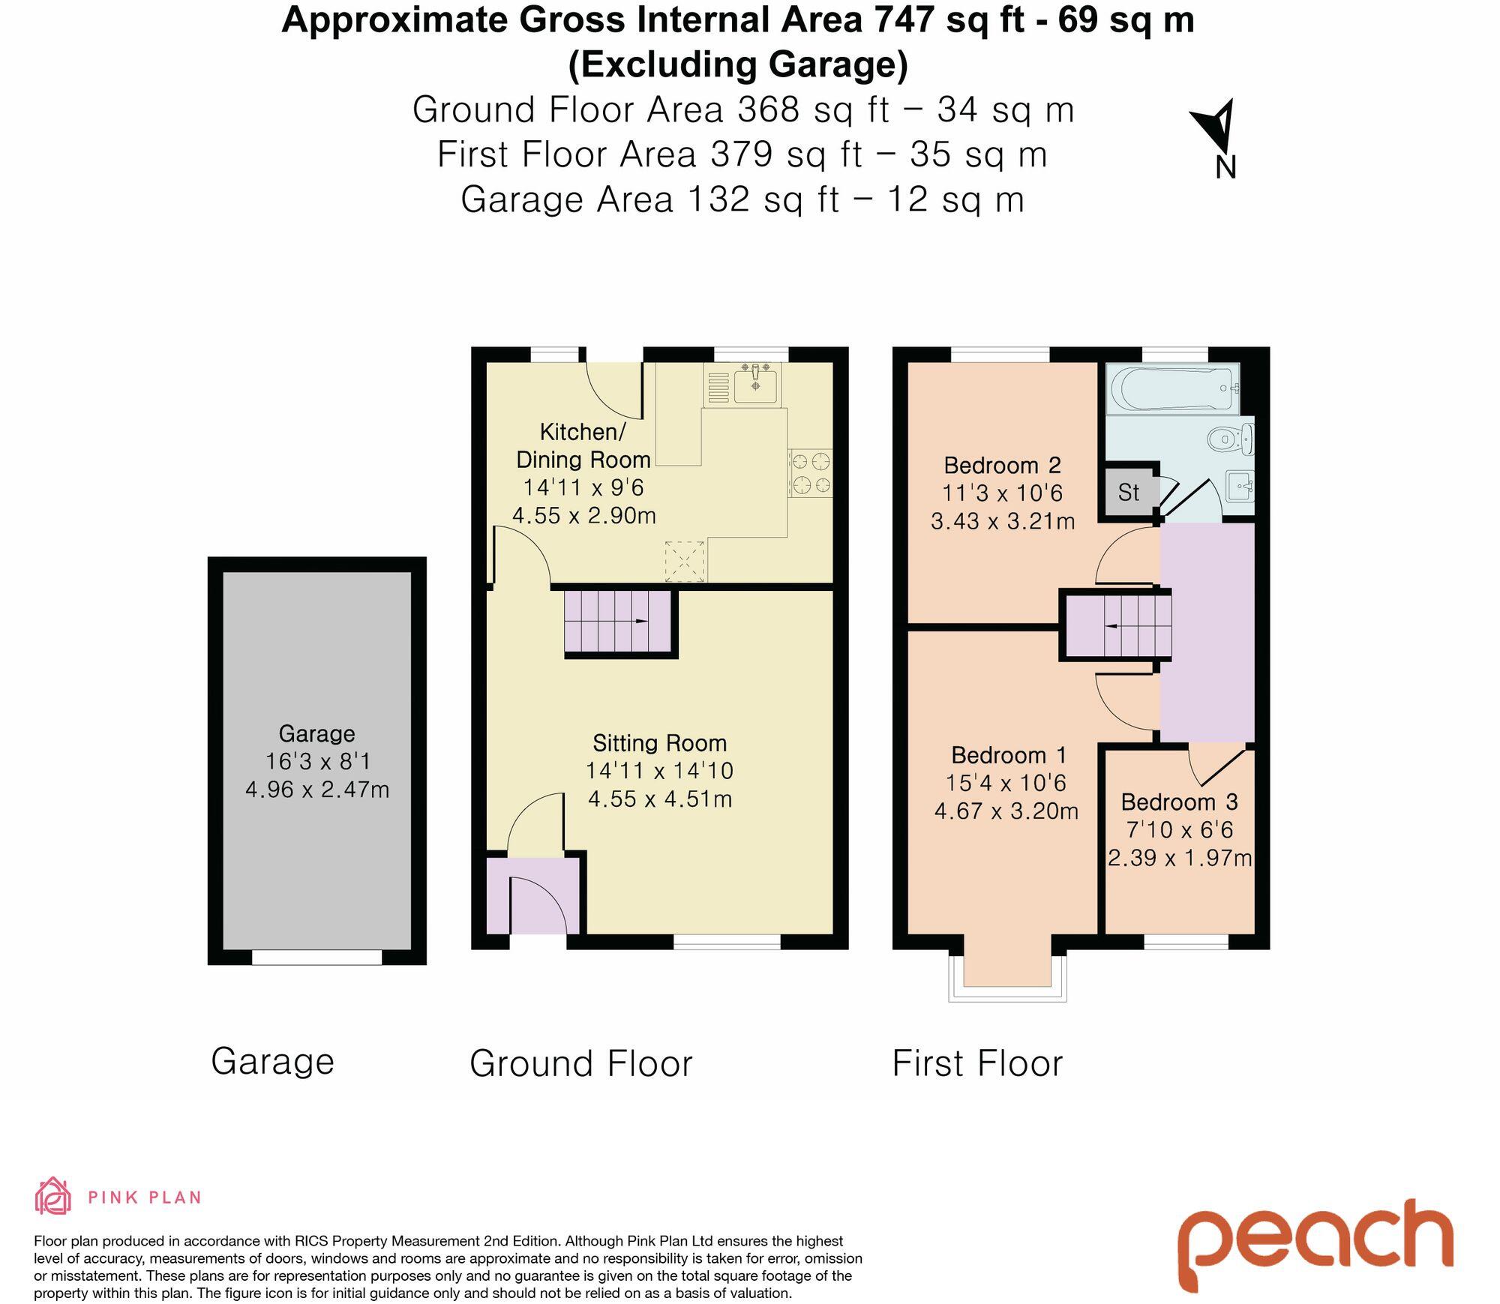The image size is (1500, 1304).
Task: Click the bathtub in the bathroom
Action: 1172,388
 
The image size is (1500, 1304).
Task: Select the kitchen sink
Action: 755,384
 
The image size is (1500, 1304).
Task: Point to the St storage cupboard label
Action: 1128,493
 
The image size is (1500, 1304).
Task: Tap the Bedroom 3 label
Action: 1179,802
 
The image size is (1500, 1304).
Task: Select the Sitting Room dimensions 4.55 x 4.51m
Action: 659,799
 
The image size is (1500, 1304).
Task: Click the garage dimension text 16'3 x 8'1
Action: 317,761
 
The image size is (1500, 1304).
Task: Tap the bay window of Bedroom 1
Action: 1007,979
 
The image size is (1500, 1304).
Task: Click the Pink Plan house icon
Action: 52,1196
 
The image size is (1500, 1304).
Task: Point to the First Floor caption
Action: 977,1063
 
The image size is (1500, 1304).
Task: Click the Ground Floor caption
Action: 580,1063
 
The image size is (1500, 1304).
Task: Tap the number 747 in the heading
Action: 904,20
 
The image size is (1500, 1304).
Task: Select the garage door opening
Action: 316,958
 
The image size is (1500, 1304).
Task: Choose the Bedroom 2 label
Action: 1002,465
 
